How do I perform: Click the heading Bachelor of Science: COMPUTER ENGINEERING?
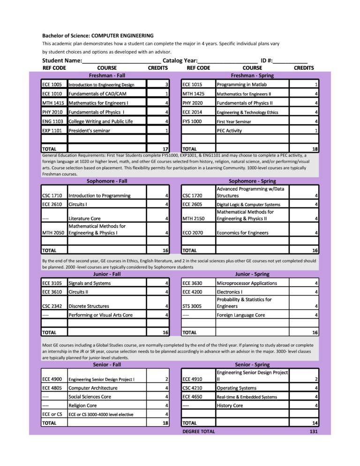coord(98,36)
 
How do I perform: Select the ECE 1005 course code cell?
coord(52,85)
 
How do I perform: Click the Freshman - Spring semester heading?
coord(252,75)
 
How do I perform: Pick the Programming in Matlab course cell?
coord(241,85)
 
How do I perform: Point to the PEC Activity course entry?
coord(229,131)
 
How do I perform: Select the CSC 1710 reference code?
coord(52,196)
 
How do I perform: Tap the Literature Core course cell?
coord(86,218)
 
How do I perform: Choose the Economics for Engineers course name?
coord(242,233)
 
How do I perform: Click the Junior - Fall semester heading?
coord(107,274)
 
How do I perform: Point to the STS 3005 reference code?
coord(192,306)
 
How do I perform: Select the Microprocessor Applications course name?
coord(247,283)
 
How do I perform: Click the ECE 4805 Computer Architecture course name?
coord(93,388)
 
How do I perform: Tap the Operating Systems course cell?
coord(236,388)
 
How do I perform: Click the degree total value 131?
coord(314,431)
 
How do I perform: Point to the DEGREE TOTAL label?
coord(199,431)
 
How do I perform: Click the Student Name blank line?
coord(122,61)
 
